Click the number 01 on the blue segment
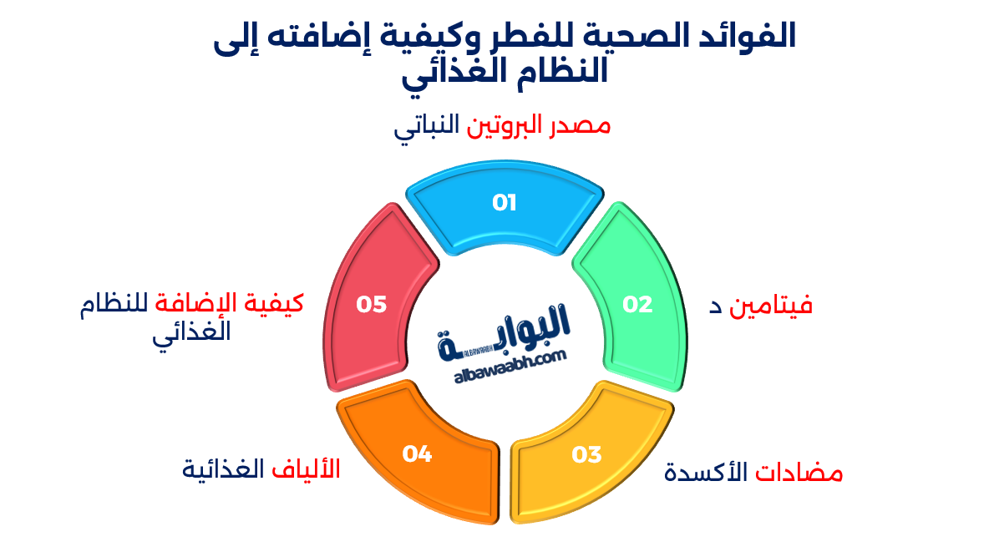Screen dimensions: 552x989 pos(505,203)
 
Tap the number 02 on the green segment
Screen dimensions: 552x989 pos(637,305)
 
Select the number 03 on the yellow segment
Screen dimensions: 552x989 pos(586,455)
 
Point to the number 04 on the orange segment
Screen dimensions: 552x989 pos(417,454)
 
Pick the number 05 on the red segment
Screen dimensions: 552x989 pos(372,305)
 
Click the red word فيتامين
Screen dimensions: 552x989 pos(771,306)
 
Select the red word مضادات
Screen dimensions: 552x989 pos(799,474)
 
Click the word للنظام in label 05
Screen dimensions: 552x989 pos(114,303)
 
